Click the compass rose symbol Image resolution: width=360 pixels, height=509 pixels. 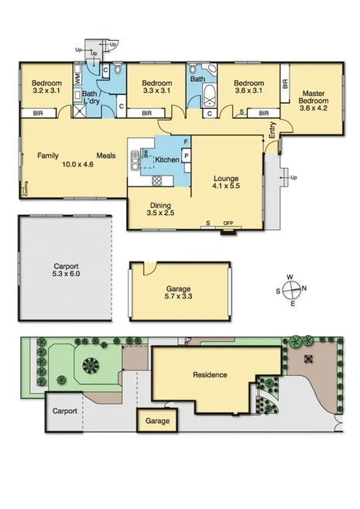point(292,289)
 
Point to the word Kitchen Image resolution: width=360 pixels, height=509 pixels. point(168,159)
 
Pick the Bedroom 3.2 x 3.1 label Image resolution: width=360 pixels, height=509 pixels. point(46,87)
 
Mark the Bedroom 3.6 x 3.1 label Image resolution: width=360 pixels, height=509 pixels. point(249,87)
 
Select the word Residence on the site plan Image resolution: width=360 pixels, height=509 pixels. point(210,375)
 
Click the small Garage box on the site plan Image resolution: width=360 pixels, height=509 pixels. point(157,422)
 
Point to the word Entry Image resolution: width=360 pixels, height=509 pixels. point(272,132)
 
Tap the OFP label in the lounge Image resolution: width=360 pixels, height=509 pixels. point(228,224)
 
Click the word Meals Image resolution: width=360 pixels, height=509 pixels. point(106,155)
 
